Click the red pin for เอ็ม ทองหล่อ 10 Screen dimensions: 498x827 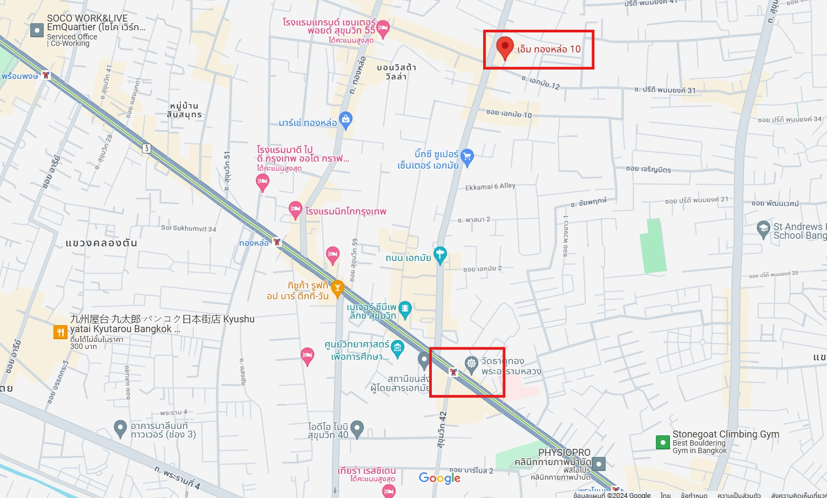coord(505,47)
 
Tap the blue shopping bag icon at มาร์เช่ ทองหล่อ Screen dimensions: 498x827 coord(345,118)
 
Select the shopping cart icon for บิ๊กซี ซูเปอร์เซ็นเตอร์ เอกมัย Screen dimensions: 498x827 coord(467,157)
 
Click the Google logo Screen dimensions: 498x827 coord(439,478)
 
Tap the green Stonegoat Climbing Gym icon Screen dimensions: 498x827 coord(662,442)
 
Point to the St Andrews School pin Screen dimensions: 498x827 coord(763,229)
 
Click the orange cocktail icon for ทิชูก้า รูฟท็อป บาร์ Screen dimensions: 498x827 coord(337,288)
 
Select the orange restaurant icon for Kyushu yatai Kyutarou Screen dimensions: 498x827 coord(60,332)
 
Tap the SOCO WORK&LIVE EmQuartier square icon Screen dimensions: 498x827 coord(37,30)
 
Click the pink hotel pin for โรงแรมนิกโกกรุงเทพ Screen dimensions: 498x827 coord(295,209)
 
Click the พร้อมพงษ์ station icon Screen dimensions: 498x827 coord(46,75)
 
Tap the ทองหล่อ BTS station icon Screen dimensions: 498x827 coord(277,242)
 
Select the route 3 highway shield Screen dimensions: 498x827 coord(146,148)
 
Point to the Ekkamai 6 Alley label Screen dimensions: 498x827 coord(490,186)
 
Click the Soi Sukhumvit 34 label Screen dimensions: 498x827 coord(188,228)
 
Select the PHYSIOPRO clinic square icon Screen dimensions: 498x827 coord(599,463)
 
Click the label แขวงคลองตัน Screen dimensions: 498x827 coord(101,243)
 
